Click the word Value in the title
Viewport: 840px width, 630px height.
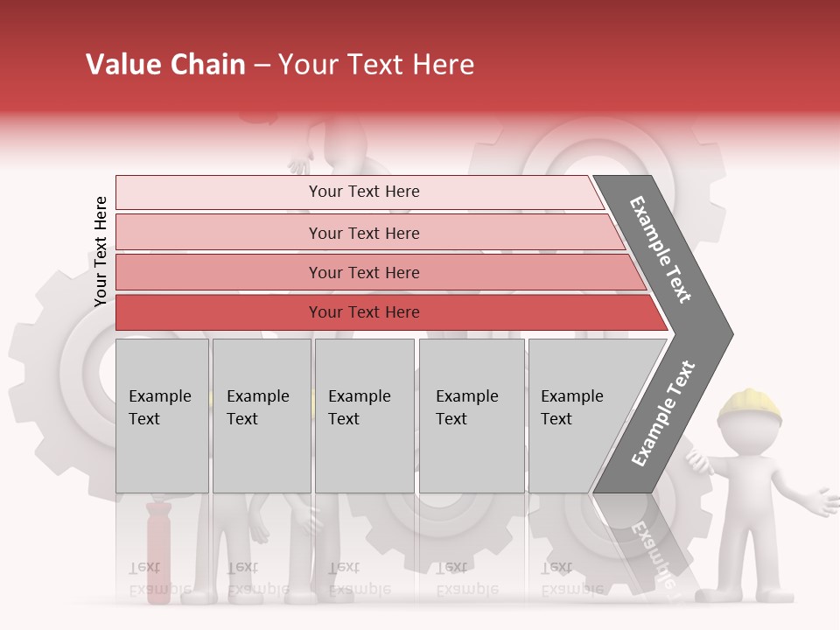pyautogui.click(x=120, y=65)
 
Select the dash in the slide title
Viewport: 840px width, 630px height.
pyautogui.click(x=262, y=66)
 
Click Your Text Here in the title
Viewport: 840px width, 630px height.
pyautogui.click(x=376, y=65)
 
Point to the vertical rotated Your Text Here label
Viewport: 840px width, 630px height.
pyautogui.click(x=101, y=251)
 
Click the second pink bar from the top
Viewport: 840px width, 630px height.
pyautogui.click(x=364, y=233)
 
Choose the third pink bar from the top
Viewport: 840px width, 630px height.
pyautogui.click(x=364, y=272)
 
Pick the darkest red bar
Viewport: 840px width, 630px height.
pyautogui.click(x=364, y=312)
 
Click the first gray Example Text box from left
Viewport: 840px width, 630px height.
pyautogui.click(x=162, y=416)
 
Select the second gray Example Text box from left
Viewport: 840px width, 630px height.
pyautogui.click(x=262, y=416)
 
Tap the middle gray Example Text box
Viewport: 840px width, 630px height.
pyautogui.click(x=364, y=416)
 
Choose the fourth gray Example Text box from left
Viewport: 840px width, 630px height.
pyautogui.click(x=472, y=416)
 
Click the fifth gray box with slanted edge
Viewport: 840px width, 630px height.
pyautogui.click(x=582, y=416)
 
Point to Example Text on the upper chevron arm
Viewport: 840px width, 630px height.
pyautogui.click(x=661, y=249)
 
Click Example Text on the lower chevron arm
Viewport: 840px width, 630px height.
pyautogui.click(x=663, y=413)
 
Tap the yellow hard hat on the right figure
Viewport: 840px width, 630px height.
pyautogui.click(x=750, y=402)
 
